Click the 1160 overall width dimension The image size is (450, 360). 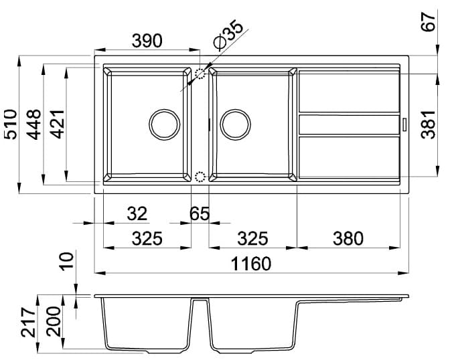251,264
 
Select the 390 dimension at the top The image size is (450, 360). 147,41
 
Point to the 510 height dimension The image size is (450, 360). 11,124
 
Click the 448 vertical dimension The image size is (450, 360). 33,124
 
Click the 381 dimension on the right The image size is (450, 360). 428,124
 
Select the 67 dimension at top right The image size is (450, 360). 428,22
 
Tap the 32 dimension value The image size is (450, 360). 137,213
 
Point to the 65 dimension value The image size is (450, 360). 200,213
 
